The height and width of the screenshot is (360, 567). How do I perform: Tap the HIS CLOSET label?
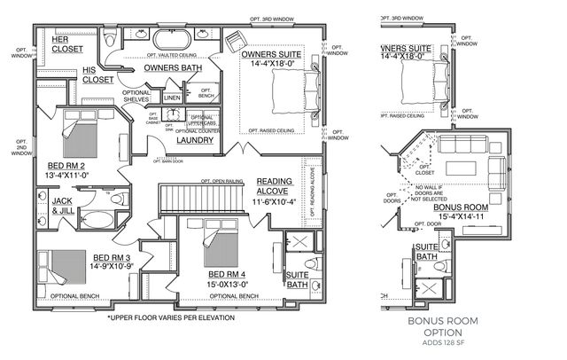click(x=97, y=74)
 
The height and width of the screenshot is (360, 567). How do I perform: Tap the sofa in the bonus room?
click(x=465, y=145)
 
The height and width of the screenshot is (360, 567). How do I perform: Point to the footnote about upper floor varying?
click(x=171, y=317)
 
